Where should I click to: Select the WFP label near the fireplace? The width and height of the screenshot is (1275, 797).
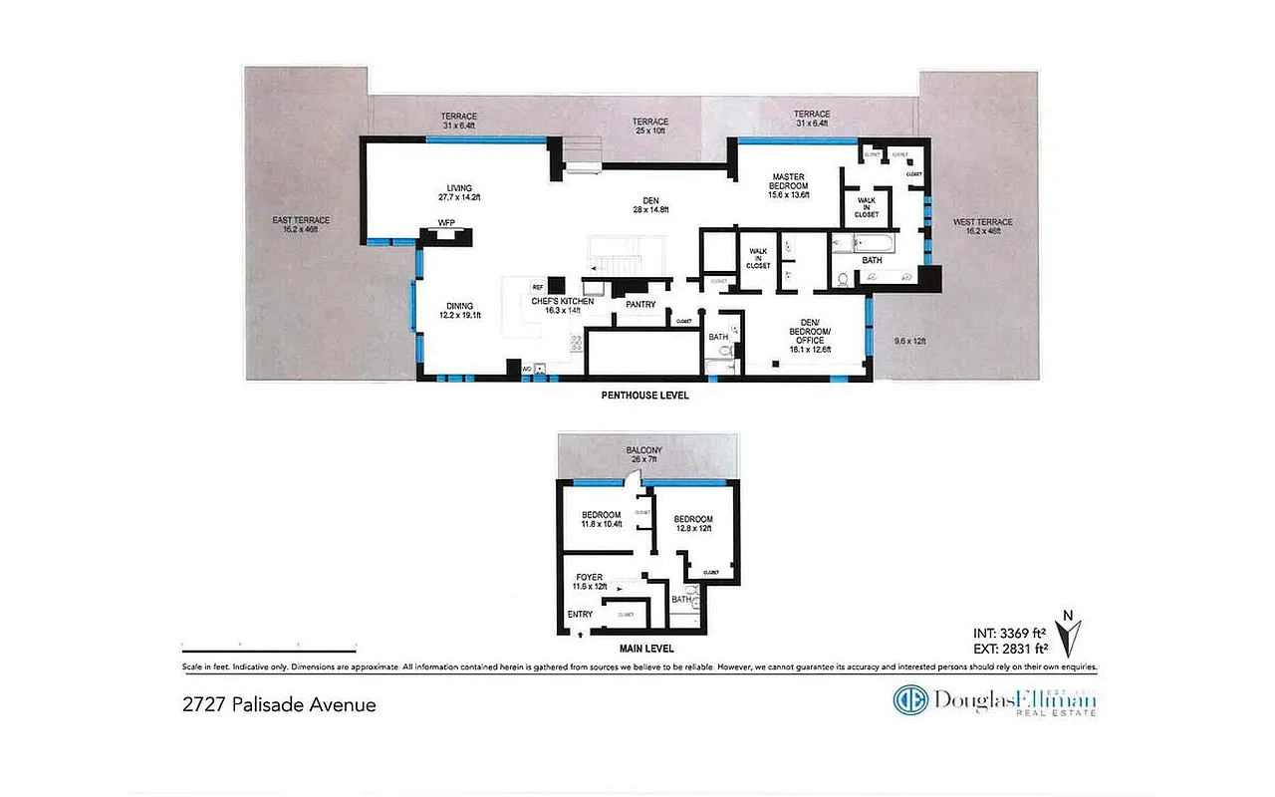[445, 223]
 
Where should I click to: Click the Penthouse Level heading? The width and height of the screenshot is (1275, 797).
[644, 396]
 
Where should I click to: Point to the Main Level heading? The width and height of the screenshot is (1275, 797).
[646, 647]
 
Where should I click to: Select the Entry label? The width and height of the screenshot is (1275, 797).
[580, 614]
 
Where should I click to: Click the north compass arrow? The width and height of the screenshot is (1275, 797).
[1074, 636]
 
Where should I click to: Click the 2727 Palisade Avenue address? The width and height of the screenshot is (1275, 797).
[279, 704]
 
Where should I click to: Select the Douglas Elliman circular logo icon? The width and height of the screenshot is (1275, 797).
[910, 700]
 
